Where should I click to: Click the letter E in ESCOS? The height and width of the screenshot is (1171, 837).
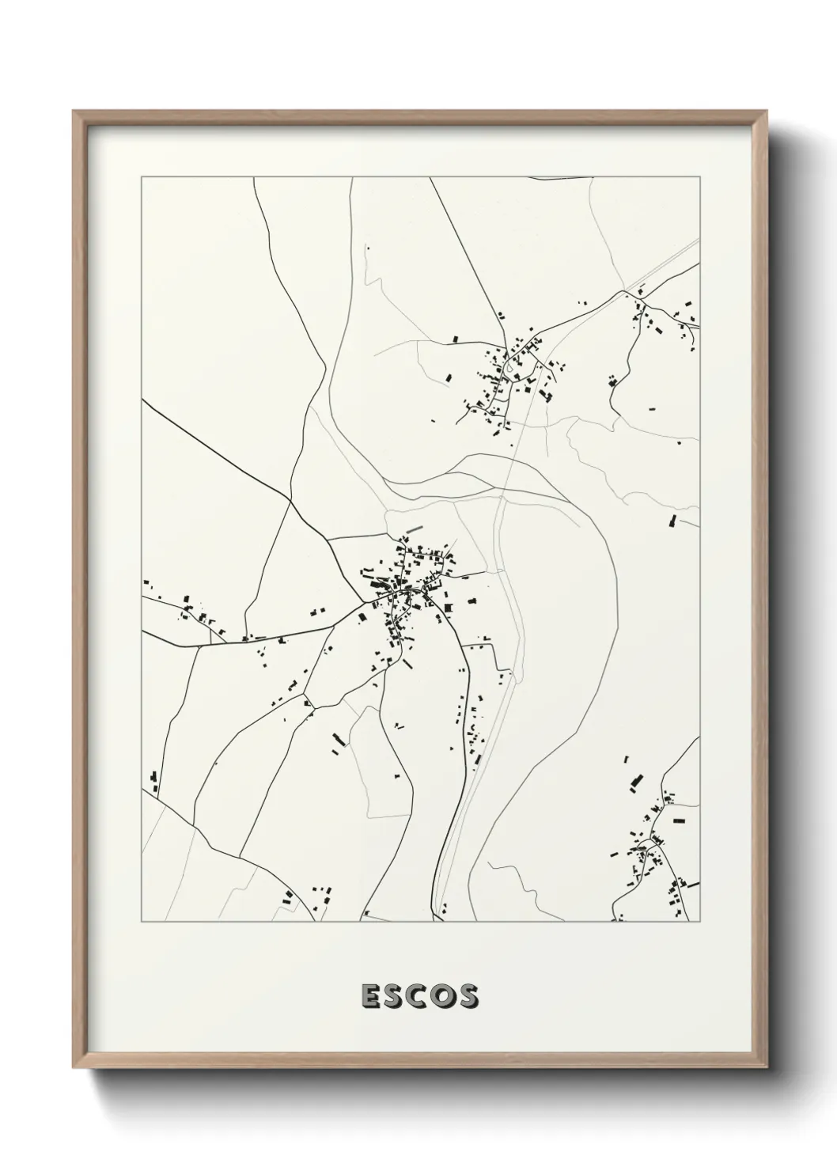[369, 997]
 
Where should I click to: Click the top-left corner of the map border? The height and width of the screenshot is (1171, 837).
[142, 177]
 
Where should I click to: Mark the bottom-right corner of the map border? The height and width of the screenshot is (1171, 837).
[700, 922]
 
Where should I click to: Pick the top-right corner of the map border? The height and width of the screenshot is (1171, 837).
[700, 177]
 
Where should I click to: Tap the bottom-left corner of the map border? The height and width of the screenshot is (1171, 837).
[142, 922]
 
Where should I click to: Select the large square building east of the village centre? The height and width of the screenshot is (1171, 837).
[448, 608]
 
